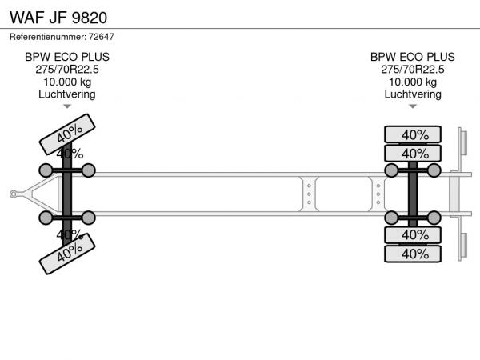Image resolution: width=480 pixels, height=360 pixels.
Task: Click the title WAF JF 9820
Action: pos(58,18)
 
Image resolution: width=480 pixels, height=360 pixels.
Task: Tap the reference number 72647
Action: pos(102,37)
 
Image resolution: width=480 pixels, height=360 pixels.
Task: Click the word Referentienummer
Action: pos(48,37)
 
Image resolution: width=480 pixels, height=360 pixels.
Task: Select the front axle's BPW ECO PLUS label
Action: pos(67,57)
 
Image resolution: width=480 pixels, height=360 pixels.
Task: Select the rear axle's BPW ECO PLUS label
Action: pos(413,57)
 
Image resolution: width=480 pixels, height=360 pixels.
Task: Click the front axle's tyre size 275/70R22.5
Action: pos(67,70)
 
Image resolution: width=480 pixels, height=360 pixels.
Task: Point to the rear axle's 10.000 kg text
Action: pos(413,82)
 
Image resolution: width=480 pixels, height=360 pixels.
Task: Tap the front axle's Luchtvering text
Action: pos(67,94)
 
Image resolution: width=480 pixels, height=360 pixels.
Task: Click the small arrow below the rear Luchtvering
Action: pos(413,106)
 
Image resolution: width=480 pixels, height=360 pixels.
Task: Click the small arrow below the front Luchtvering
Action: pos(67,106)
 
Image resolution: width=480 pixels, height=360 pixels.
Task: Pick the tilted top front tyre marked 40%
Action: pos(67,134)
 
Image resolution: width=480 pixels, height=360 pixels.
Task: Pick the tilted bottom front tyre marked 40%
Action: pos(67,254)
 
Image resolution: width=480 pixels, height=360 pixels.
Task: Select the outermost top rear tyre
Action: pos(413,134)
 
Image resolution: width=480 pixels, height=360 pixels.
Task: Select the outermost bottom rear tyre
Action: pos(413,254)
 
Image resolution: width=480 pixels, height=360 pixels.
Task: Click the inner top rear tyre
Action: pos(413,153)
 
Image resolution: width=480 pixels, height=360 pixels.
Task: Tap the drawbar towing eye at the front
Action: pos(13,194)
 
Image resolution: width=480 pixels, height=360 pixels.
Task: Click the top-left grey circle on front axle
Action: pos(46,170)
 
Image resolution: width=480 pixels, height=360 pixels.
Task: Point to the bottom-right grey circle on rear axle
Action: pos(434,218)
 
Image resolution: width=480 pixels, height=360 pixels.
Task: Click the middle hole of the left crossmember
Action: pos(309,194)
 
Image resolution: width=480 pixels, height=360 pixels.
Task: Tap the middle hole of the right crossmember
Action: pos(378,194)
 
